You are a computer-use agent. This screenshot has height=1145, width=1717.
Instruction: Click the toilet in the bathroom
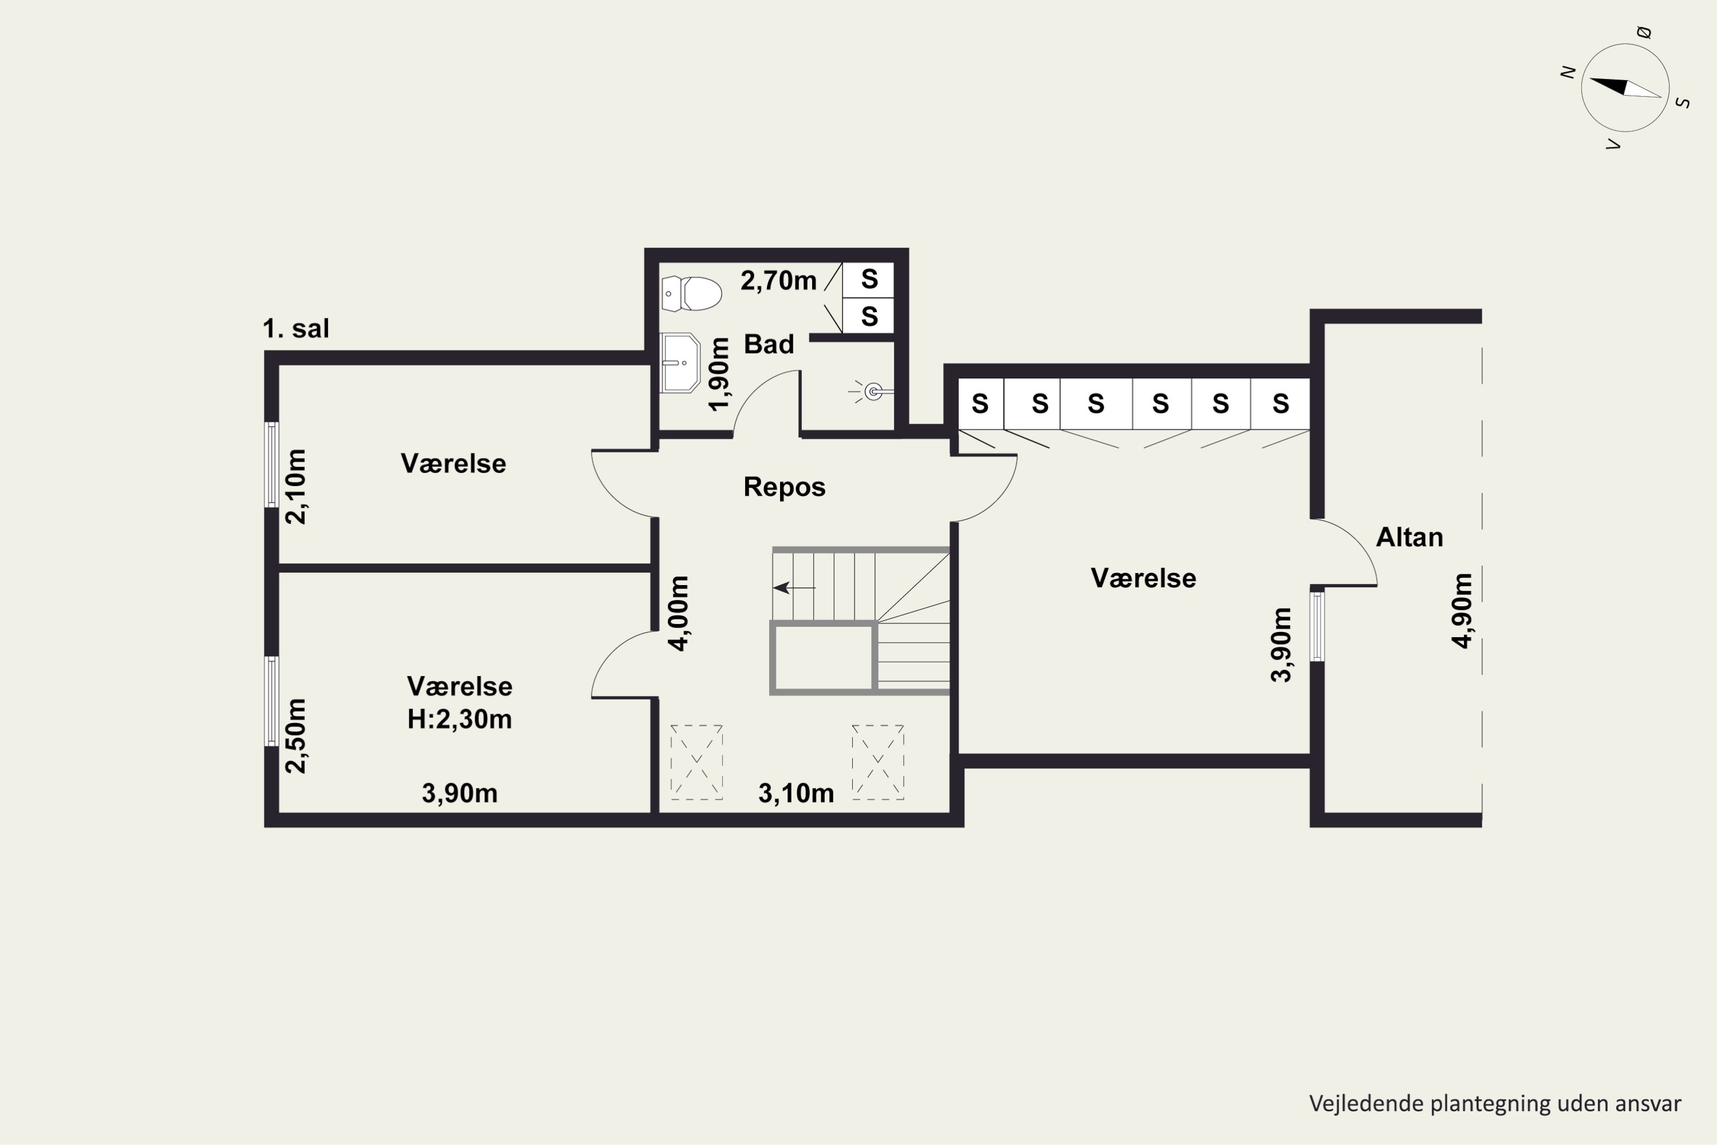[x=691, y=294]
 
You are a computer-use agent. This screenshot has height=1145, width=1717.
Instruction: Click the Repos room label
[x=784, y=487]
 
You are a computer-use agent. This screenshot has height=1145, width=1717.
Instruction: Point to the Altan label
[x=1409, y=538]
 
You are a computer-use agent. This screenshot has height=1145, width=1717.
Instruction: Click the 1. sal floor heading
[x=296, y=329]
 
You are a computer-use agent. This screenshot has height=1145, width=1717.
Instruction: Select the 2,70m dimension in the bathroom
[x=778, y=281]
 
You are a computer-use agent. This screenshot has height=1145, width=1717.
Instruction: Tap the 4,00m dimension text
[x=678, y=613]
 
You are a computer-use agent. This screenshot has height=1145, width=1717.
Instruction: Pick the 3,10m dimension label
[x=796, y=793]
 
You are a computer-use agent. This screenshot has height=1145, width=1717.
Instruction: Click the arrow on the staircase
[x=794, y=587]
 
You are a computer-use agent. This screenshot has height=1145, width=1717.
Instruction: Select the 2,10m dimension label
[x=296, y=486]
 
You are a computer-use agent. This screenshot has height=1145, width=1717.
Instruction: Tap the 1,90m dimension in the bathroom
[x=719, y=374]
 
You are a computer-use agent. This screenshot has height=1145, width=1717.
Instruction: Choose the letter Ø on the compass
[x=1644, y=32]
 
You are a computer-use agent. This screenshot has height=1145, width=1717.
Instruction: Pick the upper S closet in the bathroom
[x=869, y=280]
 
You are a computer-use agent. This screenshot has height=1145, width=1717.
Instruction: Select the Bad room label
[x=769, y=345]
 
